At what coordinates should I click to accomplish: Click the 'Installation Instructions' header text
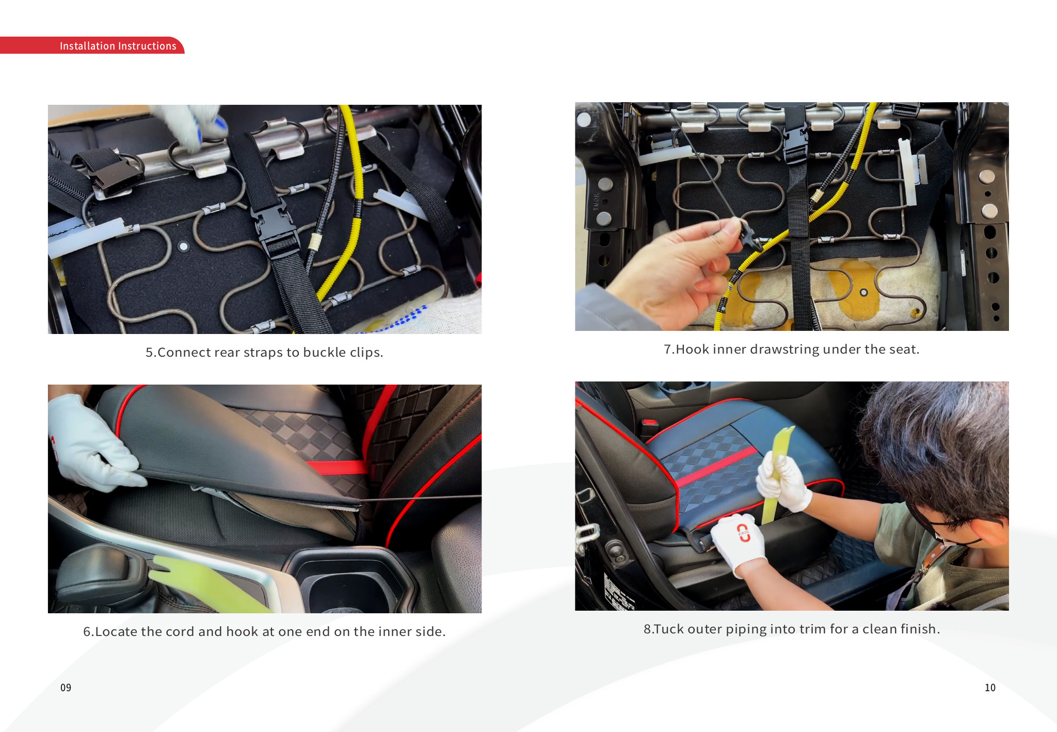pos(118,46)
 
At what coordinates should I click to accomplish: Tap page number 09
pos(66,688)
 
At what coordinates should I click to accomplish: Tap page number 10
pos(990,688)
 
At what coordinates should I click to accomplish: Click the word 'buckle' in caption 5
pos(325,352)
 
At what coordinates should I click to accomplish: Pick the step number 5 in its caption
pos(149,352)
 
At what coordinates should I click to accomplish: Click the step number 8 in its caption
pos(647,629)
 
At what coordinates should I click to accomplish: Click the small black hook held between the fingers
pos(748,234)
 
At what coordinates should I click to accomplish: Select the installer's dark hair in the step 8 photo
pos(937,444)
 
